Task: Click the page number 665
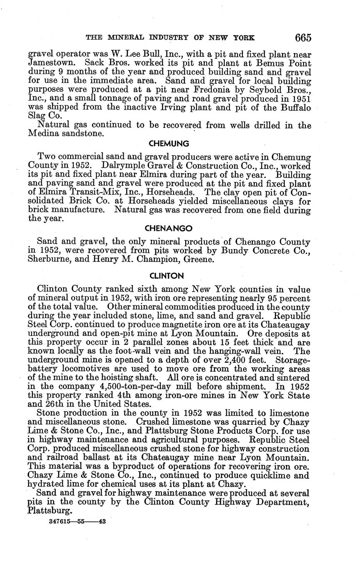pyautogui.click(x=303, y=38)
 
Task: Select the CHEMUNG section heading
pyautogui.click(x=169, y=144)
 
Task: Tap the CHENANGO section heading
pyautogui.click(x=169, y=228)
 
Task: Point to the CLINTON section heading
pyautogui.click(x=169, y=276)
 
